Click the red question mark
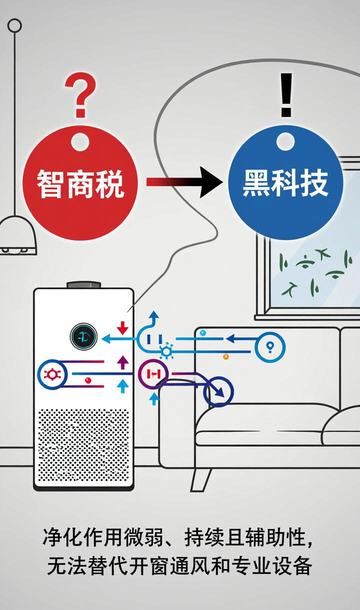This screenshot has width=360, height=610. pyautogui.click(x=81, y=95)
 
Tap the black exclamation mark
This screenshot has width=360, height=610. pyautogui.click(x=286, y=95)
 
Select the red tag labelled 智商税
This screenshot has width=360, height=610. pyautogui.click(x=80, y=183)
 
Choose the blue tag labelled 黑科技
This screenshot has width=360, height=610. pyautogui.click(x=285, y=182)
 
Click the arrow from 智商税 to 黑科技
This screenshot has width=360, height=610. pyautogui.click(x=184, y=182)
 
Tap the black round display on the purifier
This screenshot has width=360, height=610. pyautogui.click(x=84, y=337)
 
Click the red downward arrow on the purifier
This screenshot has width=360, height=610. pyautogui.click(x=123, y=328)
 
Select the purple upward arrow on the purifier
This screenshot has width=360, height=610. pyautogui.click(x=123, y=362)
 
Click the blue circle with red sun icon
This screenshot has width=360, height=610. pyautogui.click(x=52, y=375)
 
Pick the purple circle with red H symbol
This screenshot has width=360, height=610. pyautogui.click(x=153, y=374)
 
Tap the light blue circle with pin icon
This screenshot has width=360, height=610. pyautogui.click(x=270, y=347)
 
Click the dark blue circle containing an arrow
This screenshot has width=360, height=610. pyautogui.click(x=218, y=392)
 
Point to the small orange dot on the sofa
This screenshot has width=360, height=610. pyautogui.click(x=226, y=356)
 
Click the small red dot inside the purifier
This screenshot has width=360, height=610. pyautogui.click(x=88, y=380)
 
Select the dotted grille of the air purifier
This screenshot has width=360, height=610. pyautogui.click(x=83, y=445)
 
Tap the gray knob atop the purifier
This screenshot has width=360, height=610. pyautogui.click(x=84, y=285)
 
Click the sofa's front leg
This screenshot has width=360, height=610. pyautogui.click(x=201, y=480)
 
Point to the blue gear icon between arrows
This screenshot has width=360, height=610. pyautogui.click(x=167, y=351)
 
